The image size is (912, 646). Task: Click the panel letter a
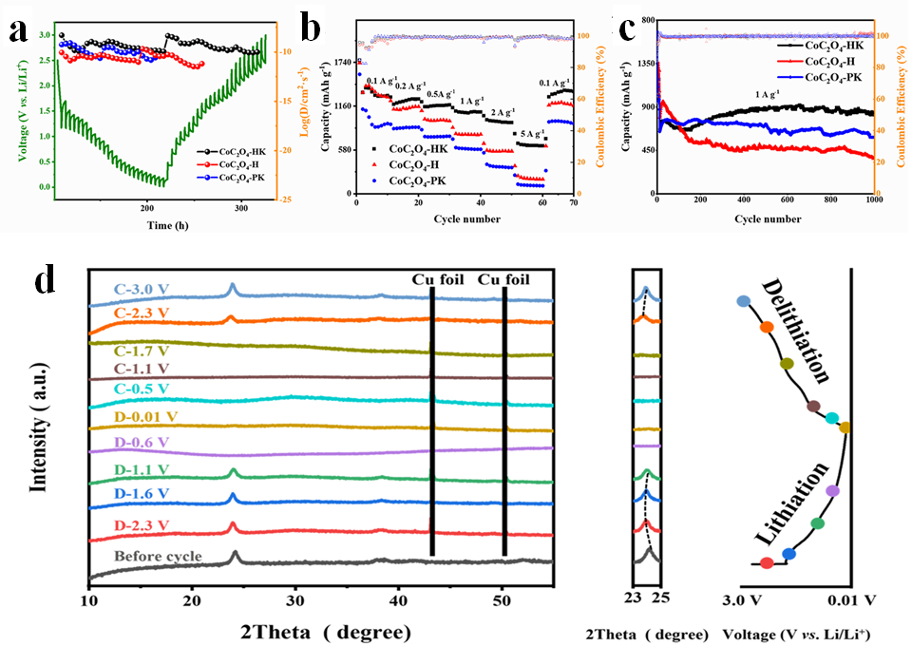17,29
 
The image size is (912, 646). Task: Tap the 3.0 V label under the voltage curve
741,601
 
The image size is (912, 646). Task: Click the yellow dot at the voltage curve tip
845,427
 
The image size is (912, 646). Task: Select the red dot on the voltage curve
767,563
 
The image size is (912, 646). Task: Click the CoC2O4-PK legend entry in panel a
245,177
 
